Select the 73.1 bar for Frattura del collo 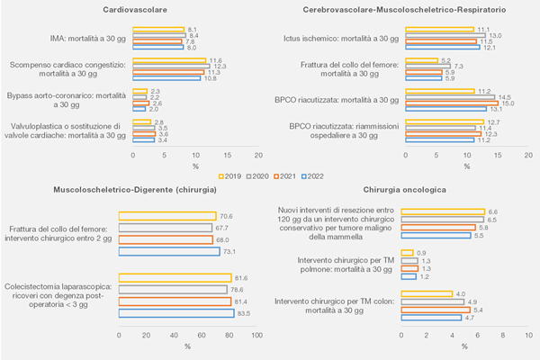pos(170,251)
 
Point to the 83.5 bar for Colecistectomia pos(176,313)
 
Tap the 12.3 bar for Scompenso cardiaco pos(172,66)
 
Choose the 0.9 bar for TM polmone pos(408,253)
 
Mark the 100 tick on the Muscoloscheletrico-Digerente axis pos(256,335)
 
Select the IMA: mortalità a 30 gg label pos(80,39)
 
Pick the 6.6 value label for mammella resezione pos(493,211)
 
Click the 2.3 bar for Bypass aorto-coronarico pos(139,91)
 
